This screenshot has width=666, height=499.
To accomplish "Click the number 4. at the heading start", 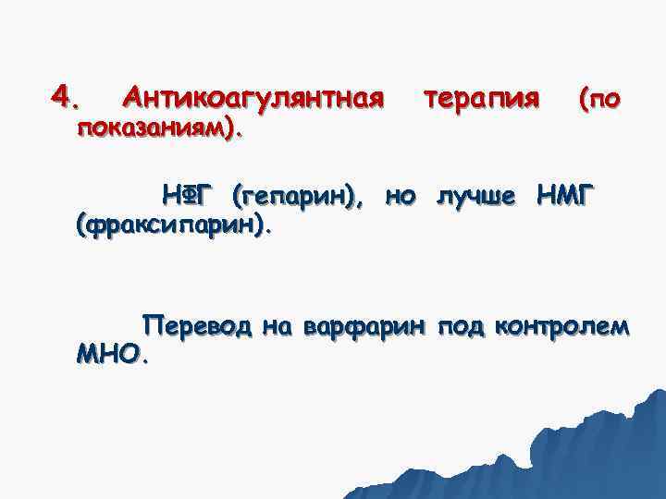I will click(x=67, y=96).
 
